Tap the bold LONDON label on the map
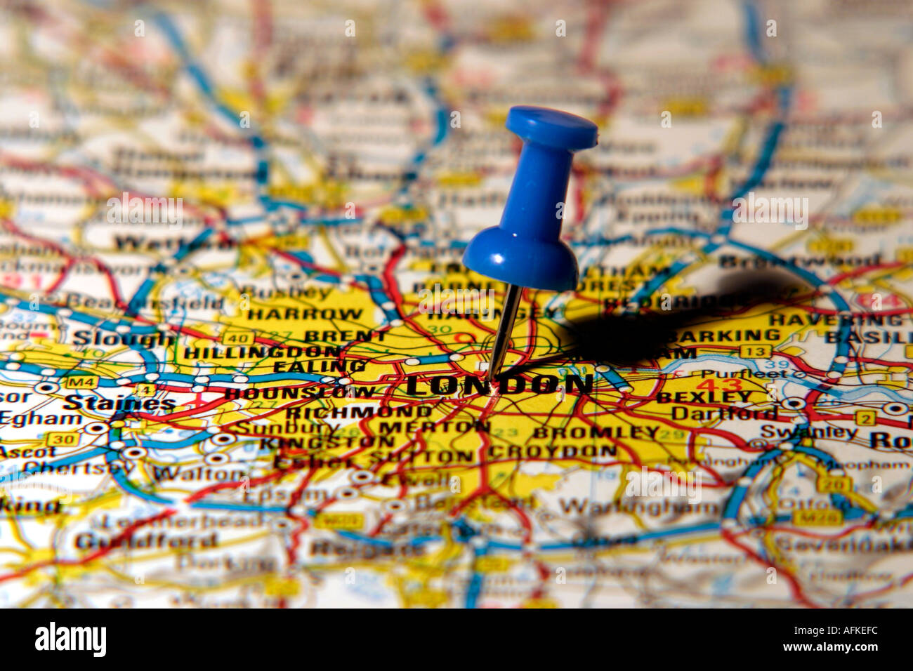499,385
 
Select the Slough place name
124,338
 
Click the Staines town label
119,403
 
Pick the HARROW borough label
305,314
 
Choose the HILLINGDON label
261,351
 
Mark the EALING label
319,366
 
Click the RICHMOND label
358,411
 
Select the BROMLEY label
596,432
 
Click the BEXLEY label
704,397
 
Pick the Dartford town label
723,413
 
